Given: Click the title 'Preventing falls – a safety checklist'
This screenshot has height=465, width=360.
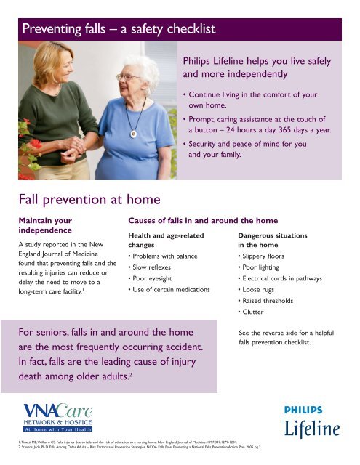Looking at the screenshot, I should tap(121, 30).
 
